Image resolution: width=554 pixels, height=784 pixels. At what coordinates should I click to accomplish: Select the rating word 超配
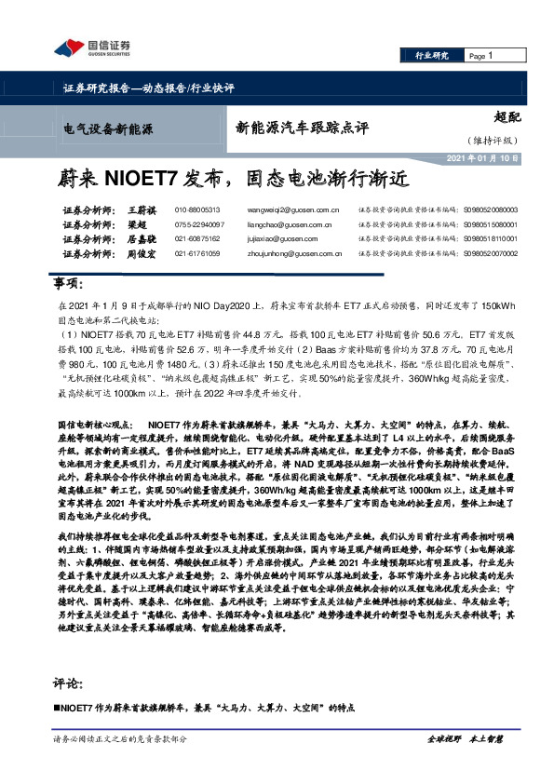click(507, 118)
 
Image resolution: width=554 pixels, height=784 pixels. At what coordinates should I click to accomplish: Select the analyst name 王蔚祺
click(140, 210)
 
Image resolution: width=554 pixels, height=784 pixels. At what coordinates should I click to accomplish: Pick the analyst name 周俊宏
click(140, 253)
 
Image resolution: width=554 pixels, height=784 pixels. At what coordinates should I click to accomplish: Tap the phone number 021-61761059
click(197, 253)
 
